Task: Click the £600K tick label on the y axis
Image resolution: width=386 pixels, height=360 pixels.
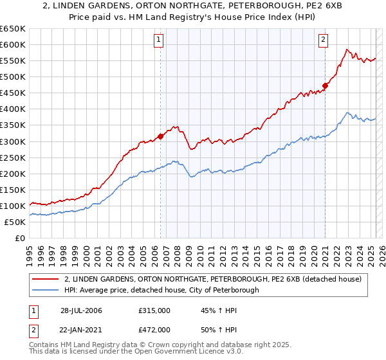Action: (x=13, y=44)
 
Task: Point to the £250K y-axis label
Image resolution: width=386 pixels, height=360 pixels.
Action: (x=13, y=157)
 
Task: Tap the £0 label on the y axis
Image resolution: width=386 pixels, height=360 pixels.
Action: (x=19, y=238)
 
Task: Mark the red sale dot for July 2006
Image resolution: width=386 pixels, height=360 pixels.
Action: (x=160, y=136)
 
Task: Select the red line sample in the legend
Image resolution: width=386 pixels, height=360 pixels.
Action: (x=45, y=280)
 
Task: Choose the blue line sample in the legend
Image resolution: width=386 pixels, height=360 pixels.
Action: (x=45, y=291)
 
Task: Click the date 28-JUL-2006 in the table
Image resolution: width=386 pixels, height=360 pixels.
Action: (x=81, y=310)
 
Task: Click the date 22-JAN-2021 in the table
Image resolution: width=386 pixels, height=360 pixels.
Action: (x=81, y=329)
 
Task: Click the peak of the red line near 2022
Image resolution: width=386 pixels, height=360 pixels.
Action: (x=346, y=49)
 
